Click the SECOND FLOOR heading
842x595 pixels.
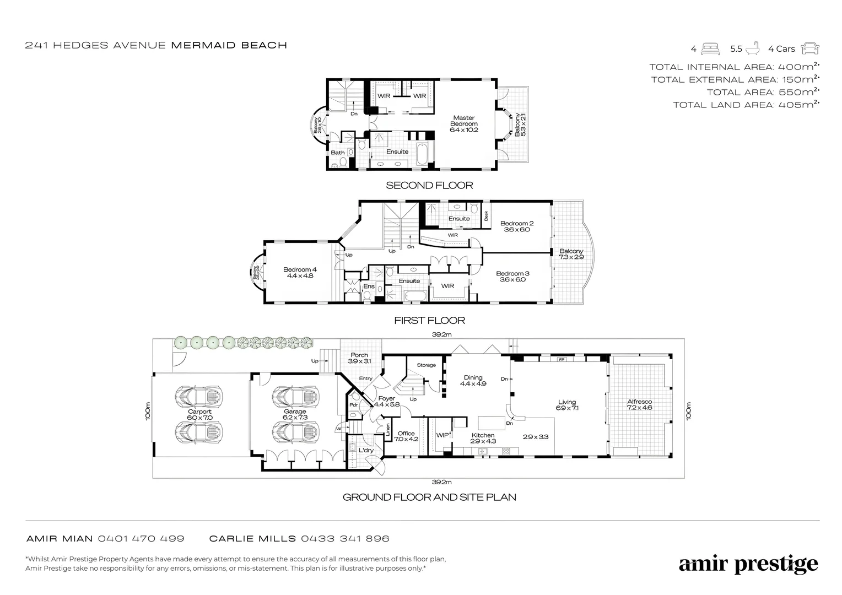point(429,186)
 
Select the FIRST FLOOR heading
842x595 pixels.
point(429,320)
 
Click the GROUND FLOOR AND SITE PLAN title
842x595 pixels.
point(429,497)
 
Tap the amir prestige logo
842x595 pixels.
point(748,564)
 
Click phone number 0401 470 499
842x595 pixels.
point(141,538)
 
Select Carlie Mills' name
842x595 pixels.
point(253,538)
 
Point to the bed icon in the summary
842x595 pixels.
point(710,48)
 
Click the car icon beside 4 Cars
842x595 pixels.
point(810,48)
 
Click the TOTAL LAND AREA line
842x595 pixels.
point(746,105)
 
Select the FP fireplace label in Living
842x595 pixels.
point(562,359)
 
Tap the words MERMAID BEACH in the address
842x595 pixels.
point(229,45)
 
